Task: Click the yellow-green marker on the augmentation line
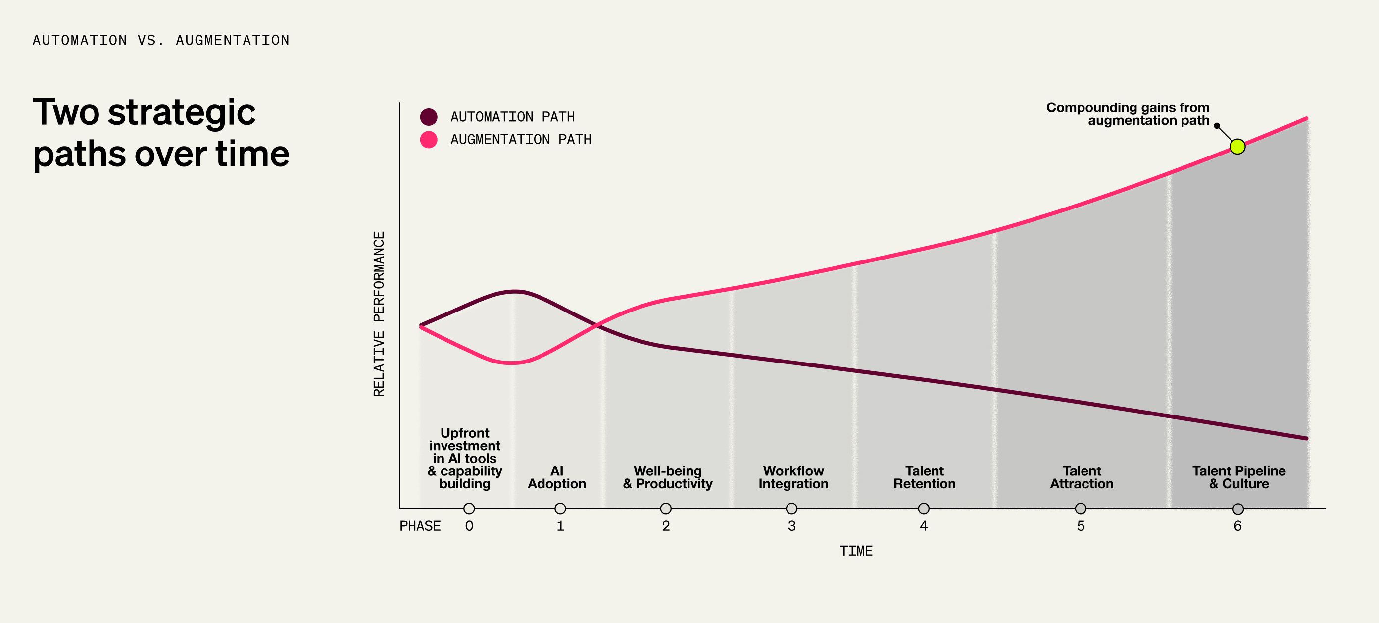click(x=1237, y=146)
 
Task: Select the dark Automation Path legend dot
click(x=428, y=117)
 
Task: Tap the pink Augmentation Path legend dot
click(x=428, y=139)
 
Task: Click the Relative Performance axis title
click(x=379, y=314)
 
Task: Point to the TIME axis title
click(x=855, y=551)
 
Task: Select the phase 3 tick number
click(x=791, y=526)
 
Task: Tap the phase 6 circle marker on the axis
click(x=1237, y=509)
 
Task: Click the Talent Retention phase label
click(x=924, y=477)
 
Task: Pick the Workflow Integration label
click(x=793, y=477)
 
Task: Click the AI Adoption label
click(x=557, y=477)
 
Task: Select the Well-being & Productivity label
click(x=668, y=477)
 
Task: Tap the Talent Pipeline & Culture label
click(x=1239, y=477)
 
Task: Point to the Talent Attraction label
click(x=1082, y=477)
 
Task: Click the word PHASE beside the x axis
click(x=420, y=526)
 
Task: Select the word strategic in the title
click(x=182, y=113)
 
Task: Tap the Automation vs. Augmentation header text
click(x=160, y=40)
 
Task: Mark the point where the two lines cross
click(x=597, y=325)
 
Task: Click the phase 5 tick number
click(x=1081, y=526)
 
